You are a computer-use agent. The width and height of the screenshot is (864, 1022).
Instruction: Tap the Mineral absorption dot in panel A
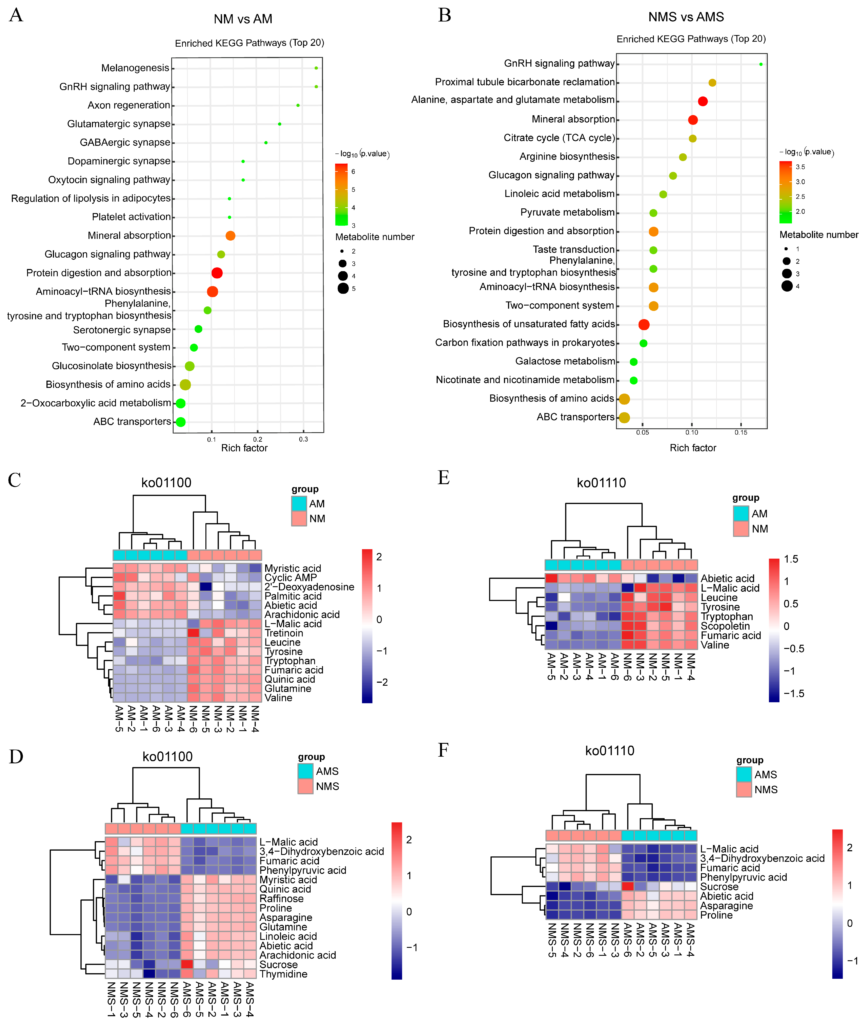(x=230, y=235)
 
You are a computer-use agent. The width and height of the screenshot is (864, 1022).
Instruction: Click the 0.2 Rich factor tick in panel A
(x=258, y=439)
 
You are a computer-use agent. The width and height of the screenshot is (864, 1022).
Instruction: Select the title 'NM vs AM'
(x=243, y=19)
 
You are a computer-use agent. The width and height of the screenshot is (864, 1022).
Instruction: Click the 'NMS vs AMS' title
(x=686, y=17)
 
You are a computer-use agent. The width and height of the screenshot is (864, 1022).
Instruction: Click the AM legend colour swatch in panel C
(x=299, y=503)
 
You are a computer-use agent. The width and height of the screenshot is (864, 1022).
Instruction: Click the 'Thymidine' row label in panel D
(x=283, y=974)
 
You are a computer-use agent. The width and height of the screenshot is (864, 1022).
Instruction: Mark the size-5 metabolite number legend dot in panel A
(x=343, y=288)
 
